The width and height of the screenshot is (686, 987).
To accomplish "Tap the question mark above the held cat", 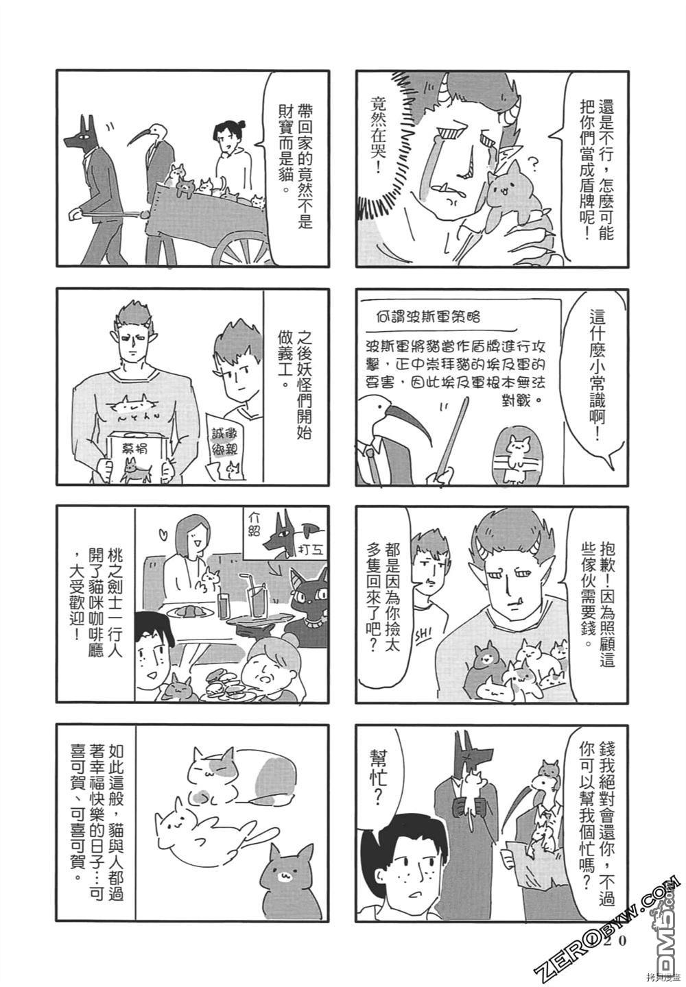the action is click(533, 164).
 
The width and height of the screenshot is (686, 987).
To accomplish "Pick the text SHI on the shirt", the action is click(423, 635).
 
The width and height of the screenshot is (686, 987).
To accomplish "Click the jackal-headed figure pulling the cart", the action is click(96, 189).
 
